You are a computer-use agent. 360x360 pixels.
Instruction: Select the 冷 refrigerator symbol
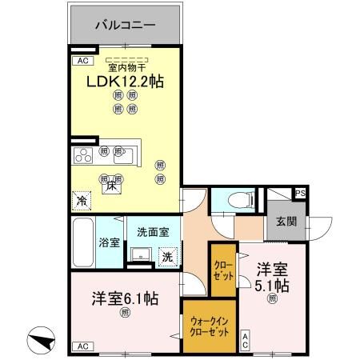click(x=82, y=200)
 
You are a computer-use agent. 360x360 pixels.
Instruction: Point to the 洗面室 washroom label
click(x=152, y=233)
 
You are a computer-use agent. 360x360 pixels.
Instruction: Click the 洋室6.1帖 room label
click(x=123, y=298)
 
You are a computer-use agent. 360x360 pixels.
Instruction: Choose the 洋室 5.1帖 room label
click(x=272, y=277)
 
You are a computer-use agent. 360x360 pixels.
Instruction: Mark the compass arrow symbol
click(x=41, y=342)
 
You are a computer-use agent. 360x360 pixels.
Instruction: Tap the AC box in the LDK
click(x=81, y=61)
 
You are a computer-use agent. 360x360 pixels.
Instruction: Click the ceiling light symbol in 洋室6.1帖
click(x=123, y=314)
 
